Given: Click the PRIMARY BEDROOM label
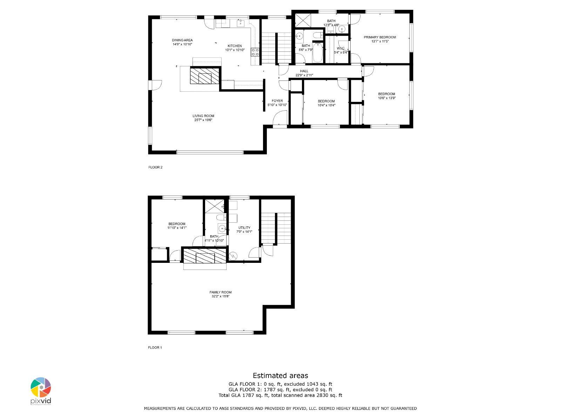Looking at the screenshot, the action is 380,37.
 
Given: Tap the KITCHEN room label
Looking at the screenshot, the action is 235,46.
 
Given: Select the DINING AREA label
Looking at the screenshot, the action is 182,40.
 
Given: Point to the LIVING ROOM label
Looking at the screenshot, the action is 203,116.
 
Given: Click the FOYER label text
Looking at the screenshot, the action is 277,101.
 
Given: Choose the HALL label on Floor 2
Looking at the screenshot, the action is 304,71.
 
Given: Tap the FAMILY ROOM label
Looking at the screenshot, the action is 220,292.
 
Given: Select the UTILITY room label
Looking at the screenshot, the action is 244,228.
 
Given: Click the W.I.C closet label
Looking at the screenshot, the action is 341,48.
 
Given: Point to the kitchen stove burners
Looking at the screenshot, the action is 255,52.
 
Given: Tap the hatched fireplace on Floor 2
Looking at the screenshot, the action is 204,75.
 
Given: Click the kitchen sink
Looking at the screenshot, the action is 241,23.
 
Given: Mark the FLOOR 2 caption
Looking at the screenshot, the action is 155,167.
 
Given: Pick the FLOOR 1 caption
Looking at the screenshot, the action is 155,347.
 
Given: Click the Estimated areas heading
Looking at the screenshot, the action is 280,376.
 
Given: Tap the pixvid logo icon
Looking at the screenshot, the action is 41,387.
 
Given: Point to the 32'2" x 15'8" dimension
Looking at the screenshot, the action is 220,296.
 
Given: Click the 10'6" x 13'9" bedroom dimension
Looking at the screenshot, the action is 387,98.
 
